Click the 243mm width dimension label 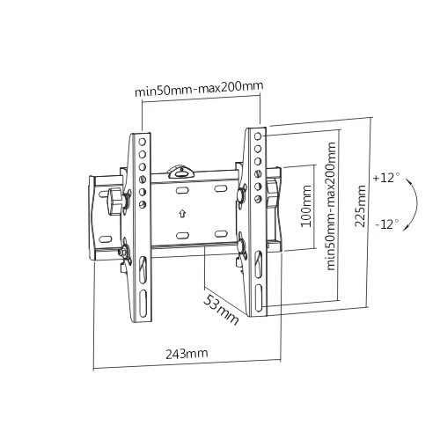pyautogui.click(x=187, y=353)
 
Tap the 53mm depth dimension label pyautogui.click(x=221, y=310)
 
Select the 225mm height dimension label pyautogui.click(x=360, y=206)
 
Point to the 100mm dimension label pyautogui.click(x=306, y=206)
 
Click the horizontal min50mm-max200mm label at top pyautogui.click(x=199, y=89)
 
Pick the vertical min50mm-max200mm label pyautogui.click(x=331, y=206)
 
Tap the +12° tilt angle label pyautogui.click(x=386, y=178)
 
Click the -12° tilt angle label pyautogui.click(x=387, y=224)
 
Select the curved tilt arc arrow pyautogui.click(x=416, y=203)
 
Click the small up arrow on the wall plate pyautogui.click(x=182, y=213)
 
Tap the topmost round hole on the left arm pyautogui.click(x=143, y=142)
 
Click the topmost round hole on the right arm pyautogui.click(x=258, y=136)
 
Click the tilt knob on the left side pyautogui.click(x=115, y=202)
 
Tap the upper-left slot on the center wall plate pyautogui.click(x=181, y=190)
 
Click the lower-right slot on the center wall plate pyautogui.click(x=221, y=234)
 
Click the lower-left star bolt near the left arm pyautogui.click(x=124, y=250)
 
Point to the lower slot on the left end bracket pyautogui.click(x=105, y=238)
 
